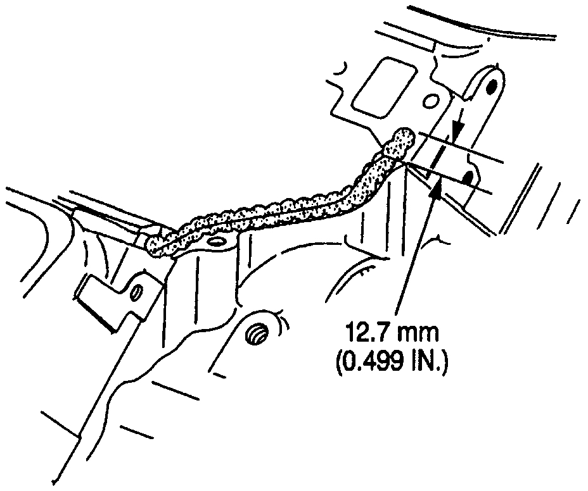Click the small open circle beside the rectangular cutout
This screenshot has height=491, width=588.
pos(431,100)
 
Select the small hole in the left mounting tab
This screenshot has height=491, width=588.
pos(134,294)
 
